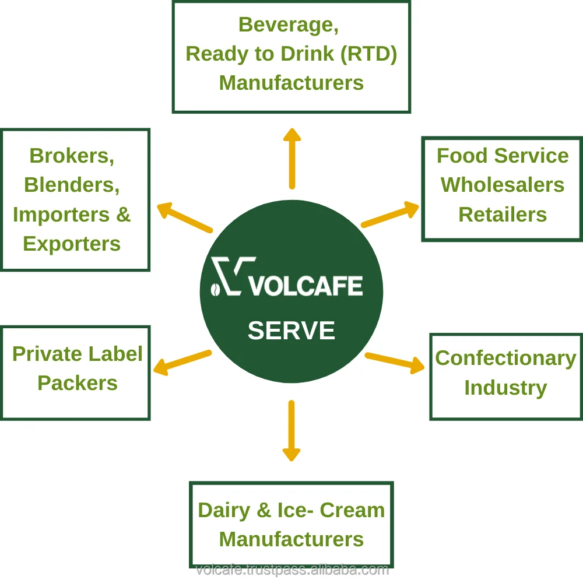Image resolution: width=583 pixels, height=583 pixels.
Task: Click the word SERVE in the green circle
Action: click(291, 331)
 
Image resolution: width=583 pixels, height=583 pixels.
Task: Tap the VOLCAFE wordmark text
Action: click(305, 286)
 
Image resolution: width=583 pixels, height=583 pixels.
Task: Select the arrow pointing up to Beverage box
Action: click(291, 159)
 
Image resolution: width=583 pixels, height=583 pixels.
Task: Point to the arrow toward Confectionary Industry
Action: click(395, 362)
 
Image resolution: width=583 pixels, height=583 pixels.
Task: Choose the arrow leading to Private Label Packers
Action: click(182, 361)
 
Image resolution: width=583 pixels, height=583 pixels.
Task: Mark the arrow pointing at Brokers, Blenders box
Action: click(185, 217)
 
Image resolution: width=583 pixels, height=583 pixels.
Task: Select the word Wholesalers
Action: click(502, 185)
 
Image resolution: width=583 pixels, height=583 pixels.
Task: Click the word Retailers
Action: click(503, 215)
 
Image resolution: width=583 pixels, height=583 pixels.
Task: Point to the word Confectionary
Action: click(505, 358)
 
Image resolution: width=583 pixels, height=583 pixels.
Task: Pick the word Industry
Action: click(505, 388)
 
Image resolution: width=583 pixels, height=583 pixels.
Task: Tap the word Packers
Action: click(78, 383)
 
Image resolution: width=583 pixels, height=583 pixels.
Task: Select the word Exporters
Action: click(72, 244)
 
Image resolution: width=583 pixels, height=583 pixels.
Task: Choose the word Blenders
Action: click(72, 185)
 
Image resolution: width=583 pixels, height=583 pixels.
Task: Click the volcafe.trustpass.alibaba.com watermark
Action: click(292, 570)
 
